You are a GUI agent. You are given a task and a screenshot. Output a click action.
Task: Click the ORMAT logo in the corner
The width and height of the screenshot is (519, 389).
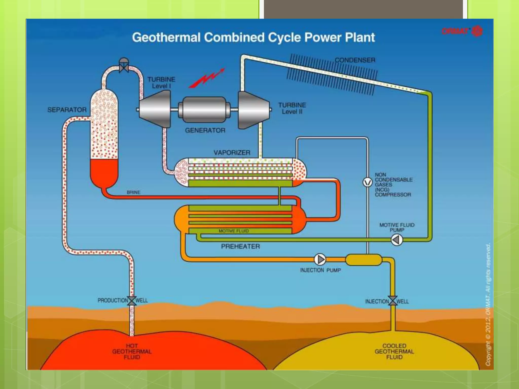(x=462, y=31)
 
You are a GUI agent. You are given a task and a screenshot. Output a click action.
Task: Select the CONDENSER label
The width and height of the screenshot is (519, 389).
(x=355, y=60)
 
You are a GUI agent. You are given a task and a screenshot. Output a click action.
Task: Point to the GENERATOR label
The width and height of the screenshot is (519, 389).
(x=205, y=130)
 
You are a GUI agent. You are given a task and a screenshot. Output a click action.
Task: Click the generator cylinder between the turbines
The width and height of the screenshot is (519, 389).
(x=204, y=110)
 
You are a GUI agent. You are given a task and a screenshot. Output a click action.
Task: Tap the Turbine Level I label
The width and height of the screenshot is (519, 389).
(x=161, y=83)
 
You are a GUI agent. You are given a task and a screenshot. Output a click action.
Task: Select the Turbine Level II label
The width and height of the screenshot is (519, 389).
(x=292, y=108)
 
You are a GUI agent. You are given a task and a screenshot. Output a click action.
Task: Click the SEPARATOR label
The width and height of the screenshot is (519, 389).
(x=67, y=110)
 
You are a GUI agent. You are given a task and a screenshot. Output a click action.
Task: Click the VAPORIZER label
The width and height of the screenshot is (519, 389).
(x=232, y=153)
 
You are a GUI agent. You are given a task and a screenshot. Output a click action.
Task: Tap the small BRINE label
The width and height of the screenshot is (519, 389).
(x=134, y=192)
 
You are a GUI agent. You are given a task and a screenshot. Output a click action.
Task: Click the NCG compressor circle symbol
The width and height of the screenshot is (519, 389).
(x=367, y=182)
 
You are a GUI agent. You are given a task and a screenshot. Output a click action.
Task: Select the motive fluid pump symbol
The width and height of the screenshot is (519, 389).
(x=397, y=240)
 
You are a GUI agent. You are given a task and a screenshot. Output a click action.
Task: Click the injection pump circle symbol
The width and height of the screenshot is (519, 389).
(x=320, y=259)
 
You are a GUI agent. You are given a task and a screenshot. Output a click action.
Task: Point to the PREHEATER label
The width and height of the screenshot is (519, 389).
(x=240, y=246)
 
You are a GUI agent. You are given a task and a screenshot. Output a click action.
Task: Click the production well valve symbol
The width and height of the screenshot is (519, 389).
(x=132, y=301)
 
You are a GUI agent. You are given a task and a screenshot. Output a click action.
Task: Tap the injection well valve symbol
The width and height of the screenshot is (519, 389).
(x=393, y=301)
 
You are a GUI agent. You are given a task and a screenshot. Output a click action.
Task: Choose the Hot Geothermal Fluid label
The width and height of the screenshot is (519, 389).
(x=132, y=352)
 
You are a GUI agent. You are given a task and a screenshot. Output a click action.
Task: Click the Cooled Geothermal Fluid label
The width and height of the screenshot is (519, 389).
(x=394, y=352)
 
